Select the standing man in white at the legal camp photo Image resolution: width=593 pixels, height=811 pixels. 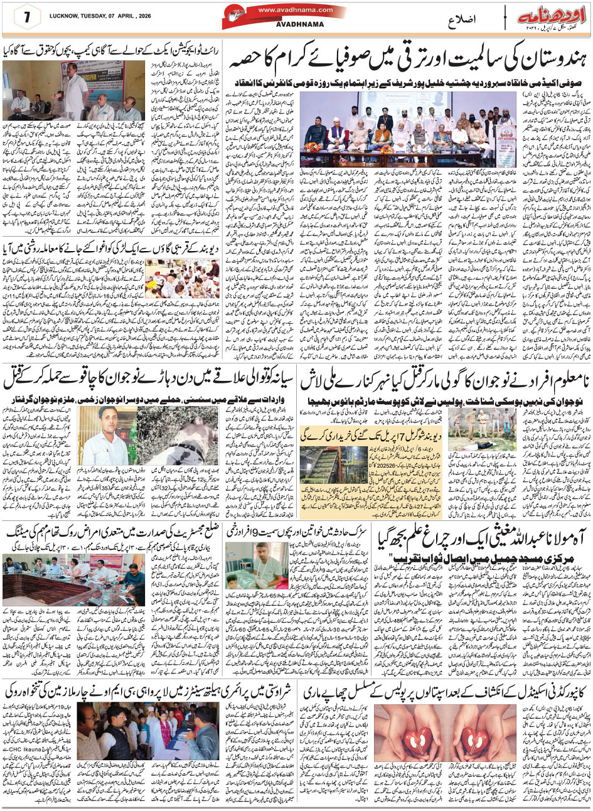(75, 88)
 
